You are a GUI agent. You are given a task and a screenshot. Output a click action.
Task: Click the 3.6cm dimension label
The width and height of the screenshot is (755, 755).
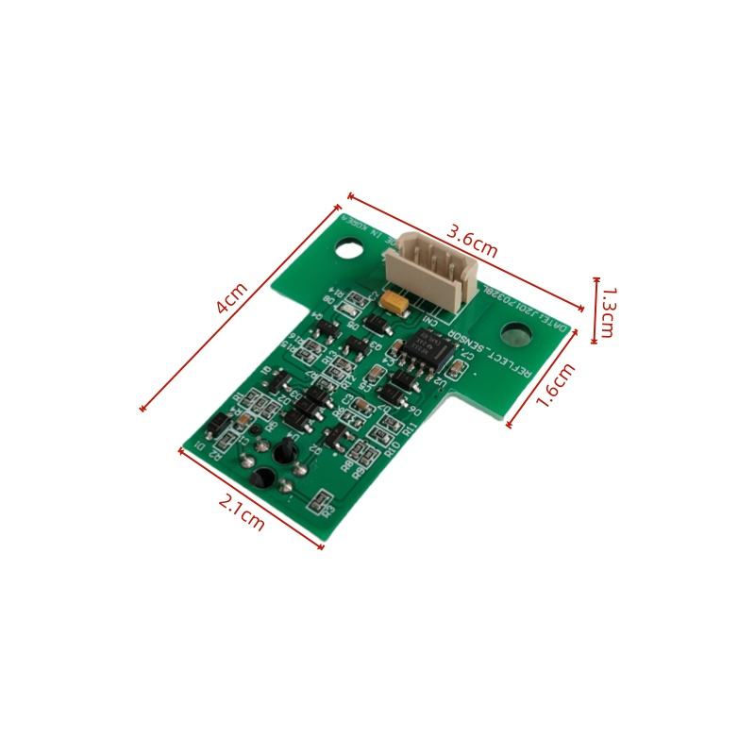click(471, 243)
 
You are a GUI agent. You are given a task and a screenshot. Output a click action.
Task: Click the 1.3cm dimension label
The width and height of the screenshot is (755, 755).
click(608, 312)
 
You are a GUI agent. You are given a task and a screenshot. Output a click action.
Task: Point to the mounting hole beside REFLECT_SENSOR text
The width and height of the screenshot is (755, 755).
click(515, 334)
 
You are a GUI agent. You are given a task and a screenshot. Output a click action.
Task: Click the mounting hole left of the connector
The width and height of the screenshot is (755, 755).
click(350, 250)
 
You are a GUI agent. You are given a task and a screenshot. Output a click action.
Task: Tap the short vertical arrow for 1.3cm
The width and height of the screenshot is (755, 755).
click(596, 310)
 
